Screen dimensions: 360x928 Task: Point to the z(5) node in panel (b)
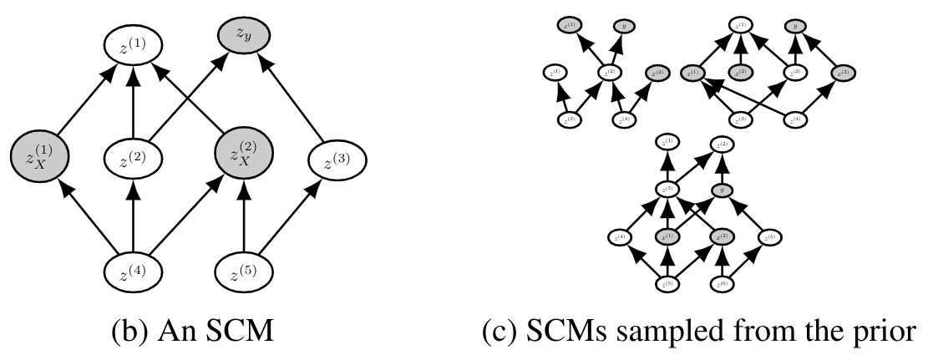click(245, 271)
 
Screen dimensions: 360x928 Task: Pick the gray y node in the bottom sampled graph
click(723, 192)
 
